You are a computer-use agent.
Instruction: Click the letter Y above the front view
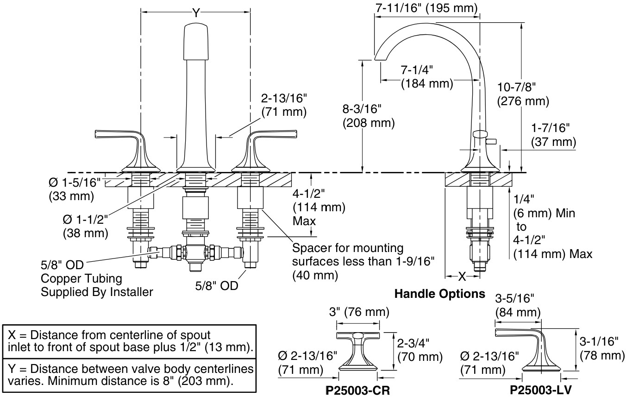tap(196, 13)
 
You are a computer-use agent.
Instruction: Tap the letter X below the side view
tap(462, 277)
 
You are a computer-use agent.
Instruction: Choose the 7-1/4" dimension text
tap(417, 70)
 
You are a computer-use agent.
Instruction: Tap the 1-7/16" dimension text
tap(551, 127)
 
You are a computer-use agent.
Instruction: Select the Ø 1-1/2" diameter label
tap(86, 218)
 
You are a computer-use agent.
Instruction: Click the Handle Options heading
tap(439, 294)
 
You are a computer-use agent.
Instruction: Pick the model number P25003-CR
tap(359, 391)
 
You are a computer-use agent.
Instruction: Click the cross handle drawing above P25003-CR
tap(358, 350)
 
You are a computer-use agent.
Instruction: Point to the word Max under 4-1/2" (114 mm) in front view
tap(303, 221)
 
